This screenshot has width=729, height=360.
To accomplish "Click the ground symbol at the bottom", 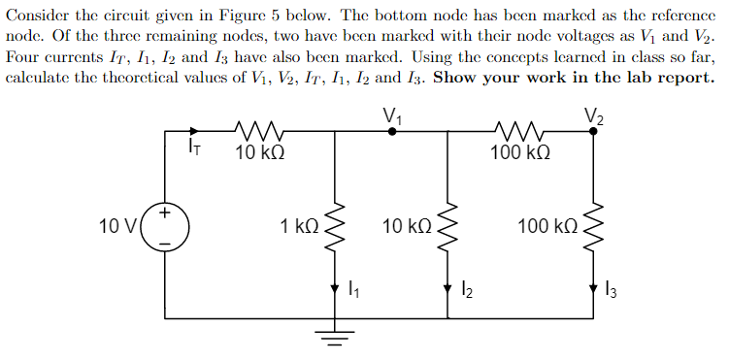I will click(335, 338).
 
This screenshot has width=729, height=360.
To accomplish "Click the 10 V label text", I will click(118, 226).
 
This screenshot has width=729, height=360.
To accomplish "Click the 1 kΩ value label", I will click(299, 226).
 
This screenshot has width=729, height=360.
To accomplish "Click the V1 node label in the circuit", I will click(393, 114).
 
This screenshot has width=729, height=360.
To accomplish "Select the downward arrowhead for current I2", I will click(447, 288).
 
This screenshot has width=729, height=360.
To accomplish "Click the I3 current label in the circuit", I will click(612, 288).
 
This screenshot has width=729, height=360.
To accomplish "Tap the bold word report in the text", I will click(684, 78).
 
